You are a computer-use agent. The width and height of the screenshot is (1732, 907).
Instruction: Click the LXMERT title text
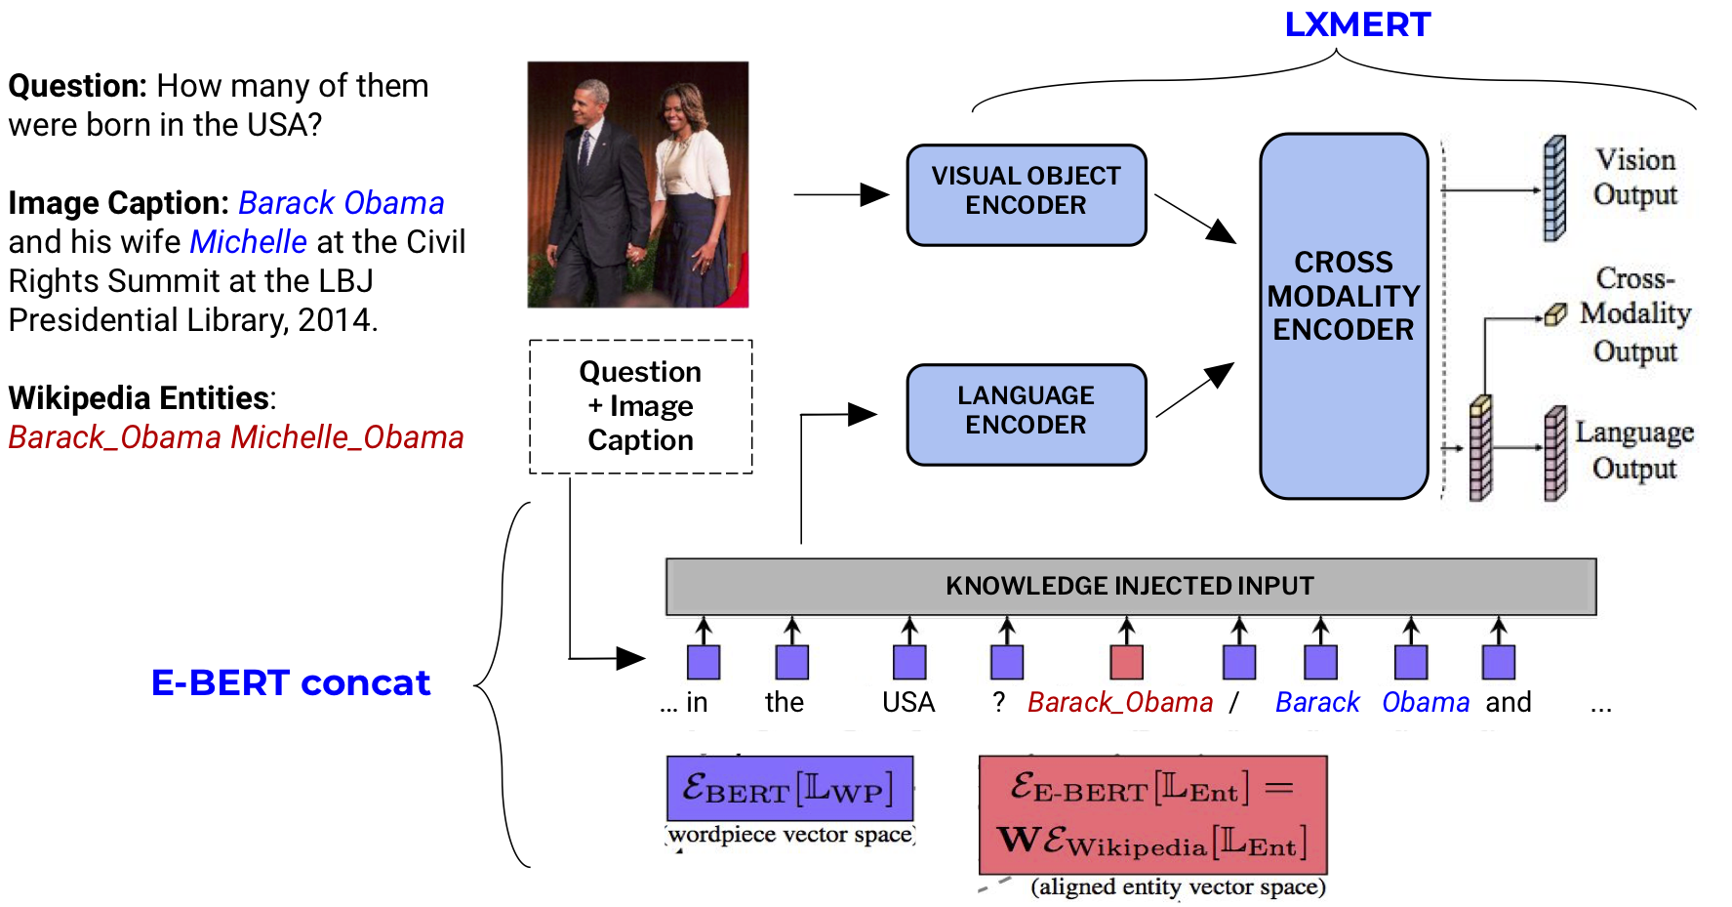pyautogui.click(x=1356, y=24)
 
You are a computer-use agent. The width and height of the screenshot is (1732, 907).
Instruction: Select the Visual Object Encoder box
pyautogui.click(x=1026, y=194)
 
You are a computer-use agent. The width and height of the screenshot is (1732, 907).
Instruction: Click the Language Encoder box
pyautogui.click(x=1026, y=414)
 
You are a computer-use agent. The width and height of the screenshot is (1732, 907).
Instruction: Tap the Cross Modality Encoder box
pyautogui.click(x=1344, y=314)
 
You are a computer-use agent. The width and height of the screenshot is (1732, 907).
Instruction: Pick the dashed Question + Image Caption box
pyautogui.click(x=640, y=406)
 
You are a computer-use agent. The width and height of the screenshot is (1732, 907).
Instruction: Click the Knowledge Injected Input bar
pyautogui.click(x=1130, y=586)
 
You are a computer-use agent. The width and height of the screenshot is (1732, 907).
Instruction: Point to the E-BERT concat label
pyautogui.click(x=290, y=682)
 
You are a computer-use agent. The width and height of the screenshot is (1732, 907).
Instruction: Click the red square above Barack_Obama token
pyautogui.click(x=1126, y=662)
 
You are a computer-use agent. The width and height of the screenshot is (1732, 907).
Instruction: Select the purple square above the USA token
pyautogui.click(x=909, y=662)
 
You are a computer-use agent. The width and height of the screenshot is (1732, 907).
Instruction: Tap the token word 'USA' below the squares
pyautogui.click(x=908, y=703)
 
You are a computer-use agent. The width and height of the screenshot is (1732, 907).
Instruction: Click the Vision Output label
pyautogui.click(x=1634, y=178)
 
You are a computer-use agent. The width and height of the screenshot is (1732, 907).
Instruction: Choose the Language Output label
pyautogui.click(x=1634, y=449)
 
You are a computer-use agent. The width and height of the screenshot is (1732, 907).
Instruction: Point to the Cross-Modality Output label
pyautogui.click(x=1634, y=314)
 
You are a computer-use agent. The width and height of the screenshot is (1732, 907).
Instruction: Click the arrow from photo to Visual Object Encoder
pyautogui.click(x=839, y=195)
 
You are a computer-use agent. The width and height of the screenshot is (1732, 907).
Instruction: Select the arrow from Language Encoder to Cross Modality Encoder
pyautogui.click(x=1194, y=390)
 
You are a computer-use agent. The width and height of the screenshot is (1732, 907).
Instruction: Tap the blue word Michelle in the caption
pyautogui.click(x=248, y=242)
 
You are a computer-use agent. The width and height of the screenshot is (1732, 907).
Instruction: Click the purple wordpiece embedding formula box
pyautogui.click(x=789, y=789)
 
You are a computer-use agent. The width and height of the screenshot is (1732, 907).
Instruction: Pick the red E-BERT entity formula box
pyautogui.click(x=1152, y=814)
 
